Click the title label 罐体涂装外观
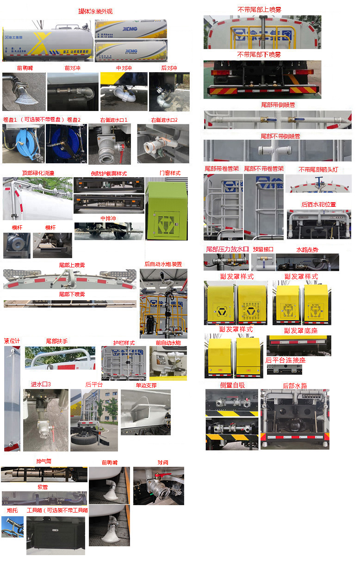pyautogui.click(x=95, y=11)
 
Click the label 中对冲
pyautogui.click(x=124, y=68)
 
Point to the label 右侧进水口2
pyautogui.click(x=164, y=120)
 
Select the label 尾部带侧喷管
pyautogui.click(x=278, y=105)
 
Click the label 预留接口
pyautogui.click(x=263, y=249)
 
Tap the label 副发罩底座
pyautogui.click(x=300, y=330)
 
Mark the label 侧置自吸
pyautogui.click(x=232, y=385)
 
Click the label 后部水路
pyautogui.click(x=295, y=385)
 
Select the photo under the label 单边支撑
pyautogui.click(x=145, y=412)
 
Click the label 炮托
pyautogui.click(x=12, y=510)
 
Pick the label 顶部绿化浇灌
pyautogui.click(x=38, y=173)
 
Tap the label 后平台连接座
pyautogui.click(x=286, y=360)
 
